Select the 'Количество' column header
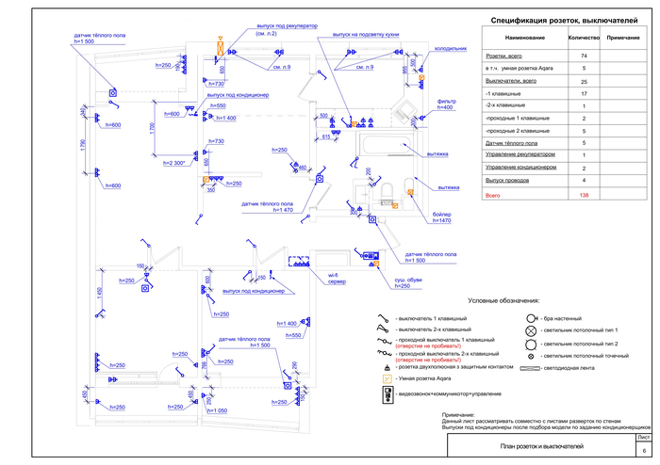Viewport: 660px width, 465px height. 584,37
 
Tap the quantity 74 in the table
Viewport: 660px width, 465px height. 584,56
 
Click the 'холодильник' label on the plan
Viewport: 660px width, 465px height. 450,46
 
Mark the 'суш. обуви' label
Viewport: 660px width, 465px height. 406,279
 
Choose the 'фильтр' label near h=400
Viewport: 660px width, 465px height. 446,101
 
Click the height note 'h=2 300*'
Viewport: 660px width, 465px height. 176,163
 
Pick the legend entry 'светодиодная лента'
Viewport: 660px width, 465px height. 575,368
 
